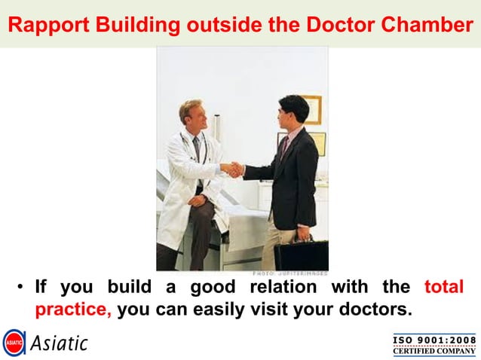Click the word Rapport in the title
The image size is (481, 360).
pos(43,26)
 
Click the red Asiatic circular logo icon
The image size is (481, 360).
pos(14,342)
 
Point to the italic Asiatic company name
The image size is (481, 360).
pos(60,343)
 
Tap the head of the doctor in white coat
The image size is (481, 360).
pos(190,113)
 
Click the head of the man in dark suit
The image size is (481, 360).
pos(293,111)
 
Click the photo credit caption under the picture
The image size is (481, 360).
pos(290,273)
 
